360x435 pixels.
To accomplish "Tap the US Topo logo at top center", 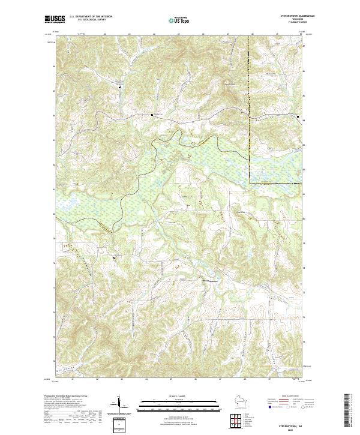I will [180, 20].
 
